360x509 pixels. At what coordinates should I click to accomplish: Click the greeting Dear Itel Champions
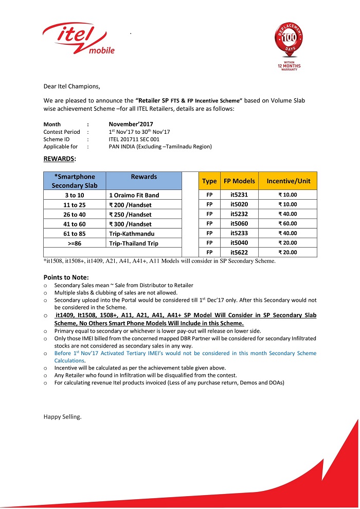click(72, 86)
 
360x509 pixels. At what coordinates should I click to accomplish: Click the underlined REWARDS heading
click(59, 159)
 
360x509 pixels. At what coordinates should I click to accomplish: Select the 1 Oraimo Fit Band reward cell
click(134, 195)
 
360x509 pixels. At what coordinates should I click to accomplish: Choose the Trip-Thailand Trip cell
click(134, 243)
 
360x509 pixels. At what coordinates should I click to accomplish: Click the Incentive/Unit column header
click(287, 181)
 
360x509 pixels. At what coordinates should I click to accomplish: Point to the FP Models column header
click(239, 181)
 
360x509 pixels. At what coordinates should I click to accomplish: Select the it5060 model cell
click(239, 223)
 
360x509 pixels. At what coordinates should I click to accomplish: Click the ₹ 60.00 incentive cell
click(287, 223)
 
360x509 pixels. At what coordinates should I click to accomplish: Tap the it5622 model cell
click(239, 252)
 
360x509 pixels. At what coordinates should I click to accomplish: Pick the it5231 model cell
click(239, 195)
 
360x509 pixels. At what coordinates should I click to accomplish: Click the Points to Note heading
click(66, 277)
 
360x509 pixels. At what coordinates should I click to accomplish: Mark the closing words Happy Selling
click(62, 416)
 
